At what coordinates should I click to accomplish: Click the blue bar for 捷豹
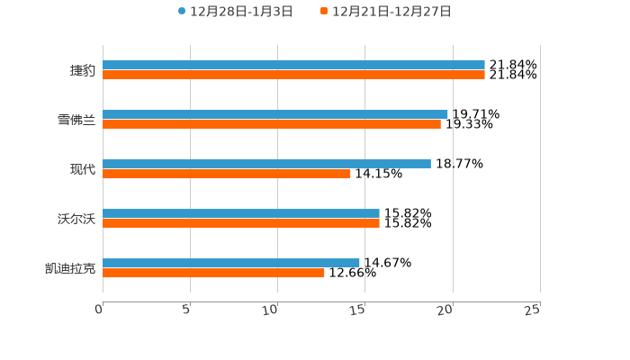[x=293, y=66]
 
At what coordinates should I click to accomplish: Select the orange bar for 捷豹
[x=293, y=76]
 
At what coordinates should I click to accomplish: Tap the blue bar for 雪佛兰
[x=274, y=115]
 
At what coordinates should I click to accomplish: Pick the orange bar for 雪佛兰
[x=272, y=125]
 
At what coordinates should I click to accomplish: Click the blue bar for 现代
[x=266, y=165]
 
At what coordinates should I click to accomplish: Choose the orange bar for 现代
[x=227, y=175]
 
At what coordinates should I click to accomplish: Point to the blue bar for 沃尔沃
[x=241, y=214]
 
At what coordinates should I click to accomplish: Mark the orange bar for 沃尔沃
[x=241, y=224]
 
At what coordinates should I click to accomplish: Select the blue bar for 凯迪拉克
[x=231, y=264]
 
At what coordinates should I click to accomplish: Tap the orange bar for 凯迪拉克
[x=213, y=274]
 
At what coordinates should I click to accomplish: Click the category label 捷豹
[x=83, y=70]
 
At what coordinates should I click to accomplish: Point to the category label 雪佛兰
[x=76, y=120]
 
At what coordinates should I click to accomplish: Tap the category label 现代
[x=83, y=169]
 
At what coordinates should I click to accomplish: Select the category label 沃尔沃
[x=76, y=219]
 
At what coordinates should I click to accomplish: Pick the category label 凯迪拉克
[x=70, y=268]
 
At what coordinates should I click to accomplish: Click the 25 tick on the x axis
[x=533, y=310]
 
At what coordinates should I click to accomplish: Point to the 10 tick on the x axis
[x=271, y=310]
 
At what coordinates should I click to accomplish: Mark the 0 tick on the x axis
[x=99, y=310]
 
